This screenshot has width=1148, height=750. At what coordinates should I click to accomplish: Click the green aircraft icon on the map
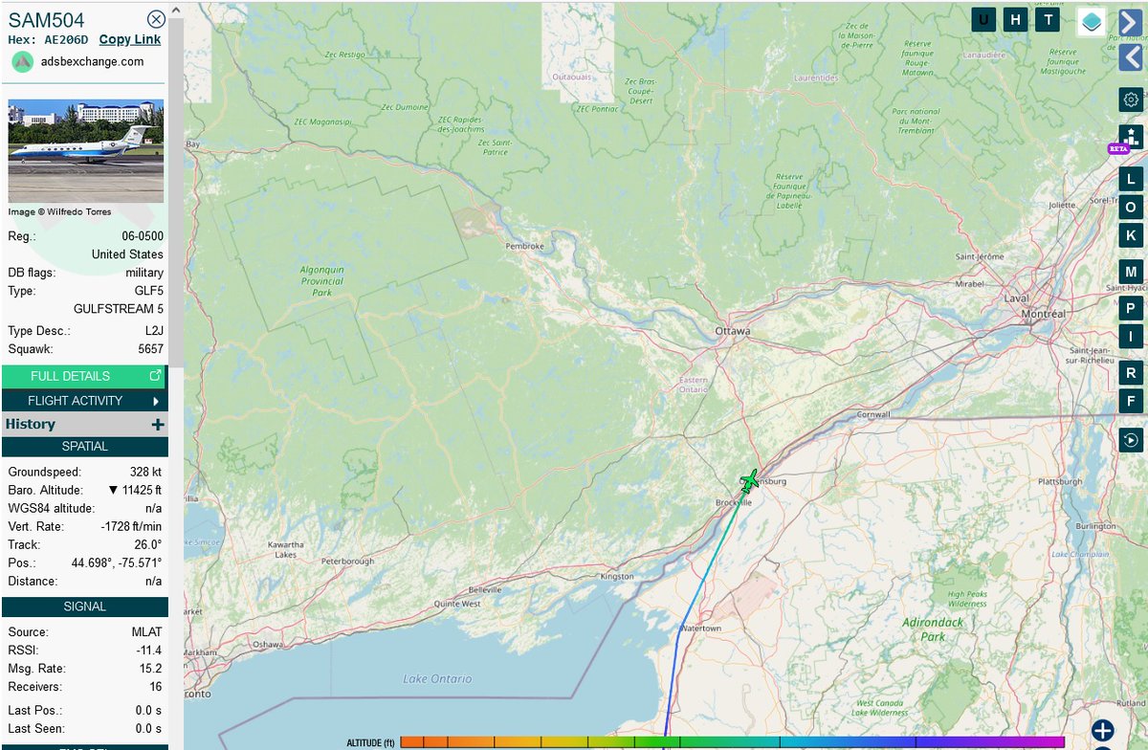pyautogui.click(x=749, y=480)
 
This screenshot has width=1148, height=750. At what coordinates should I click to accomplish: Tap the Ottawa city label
pyautogui.click(x=733, y=331)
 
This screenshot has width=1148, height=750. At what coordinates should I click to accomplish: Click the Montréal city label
pyautogui.click(x=1043, y=314)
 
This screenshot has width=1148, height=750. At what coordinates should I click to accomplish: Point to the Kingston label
pyautogui.click(x=616, y=577)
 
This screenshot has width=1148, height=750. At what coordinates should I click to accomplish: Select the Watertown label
pyautogui.click(x=699, y=629)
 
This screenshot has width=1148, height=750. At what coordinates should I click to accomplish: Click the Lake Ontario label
pyautogui.click(x=437, y=679)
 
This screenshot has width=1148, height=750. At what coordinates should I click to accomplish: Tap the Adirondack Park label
pyautogui.click(x=923, y=629)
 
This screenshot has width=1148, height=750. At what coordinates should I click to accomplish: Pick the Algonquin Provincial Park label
pyautogui.click(x=321, y=281)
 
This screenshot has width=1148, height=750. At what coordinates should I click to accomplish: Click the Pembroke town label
pyautogui.click(x=525, y=246)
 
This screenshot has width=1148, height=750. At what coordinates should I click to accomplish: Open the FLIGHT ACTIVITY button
pyautogui.click(x=84, y=401)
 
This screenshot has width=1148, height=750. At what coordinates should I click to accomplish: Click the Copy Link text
pyautogui.click(x=130, y=39)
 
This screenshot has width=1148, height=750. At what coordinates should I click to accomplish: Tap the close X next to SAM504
pyautogui.click(x=156, y=19)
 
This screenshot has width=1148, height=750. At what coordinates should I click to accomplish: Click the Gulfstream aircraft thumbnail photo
pyautogui.click(x=86, y=151)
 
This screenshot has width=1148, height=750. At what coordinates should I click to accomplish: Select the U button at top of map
pyautogui.click(x=983, y=20)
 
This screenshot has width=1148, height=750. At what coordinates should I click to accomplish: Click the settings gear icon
pyautogui.click(x=1131, y=99)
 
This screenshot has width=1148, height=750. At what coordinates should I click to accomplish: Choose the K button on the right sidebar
pyautogui.click(x=1131, y=235)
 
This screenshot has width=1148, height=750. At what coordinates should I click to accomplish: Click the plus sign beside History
pyautogui.click(x=158, y=425)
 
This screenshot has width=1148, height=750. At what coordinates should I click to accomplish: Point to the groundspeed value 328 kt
pyautogui.click(x=146, y=472)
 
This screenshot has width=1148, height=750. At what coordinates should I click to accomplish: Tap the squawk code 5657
pyautogui.click(x=150, y=349)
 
